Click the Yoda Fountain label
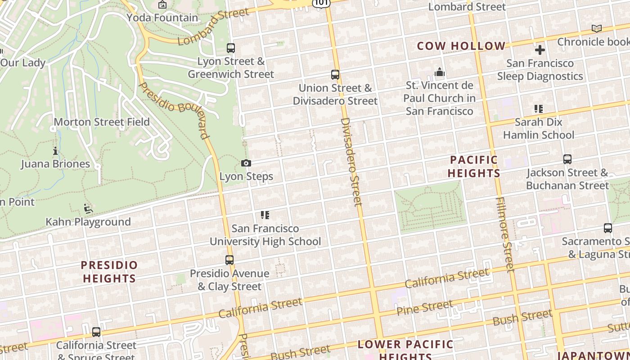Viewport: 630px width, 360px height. [162, 18]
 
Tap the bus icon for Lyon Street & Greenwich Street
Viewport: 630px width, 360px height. [231, 48]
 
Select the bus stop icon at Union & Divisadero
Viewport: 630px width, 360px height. [335, 75]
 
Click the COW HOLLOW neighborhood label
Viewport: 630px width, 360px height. [461, 46]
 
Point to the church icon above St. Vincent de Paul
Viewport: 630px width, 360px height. [440, 72]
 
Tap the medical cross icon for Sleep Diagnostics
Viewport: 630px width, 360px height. [540, 50]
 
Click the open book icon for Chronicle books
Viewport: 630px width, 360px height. [597, 29]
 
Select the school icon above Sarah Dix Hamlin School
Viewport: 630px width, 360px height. [539, 108]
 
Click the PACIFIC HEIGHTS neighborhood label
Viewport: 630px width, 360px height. [474, 166]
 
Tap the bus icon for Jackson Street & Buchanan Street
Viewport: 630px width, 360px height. [567, 159]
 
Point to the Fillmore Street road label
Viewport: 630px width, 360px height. [504, 234]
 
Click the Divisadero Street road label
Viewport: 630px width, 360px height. [351, 162]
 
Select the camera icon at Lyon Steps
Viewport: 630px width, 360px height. [246, 163]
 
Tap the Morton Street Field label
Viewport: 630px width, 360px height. [102, 122]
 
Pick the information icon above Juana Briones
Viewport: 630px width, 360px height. [55, 151]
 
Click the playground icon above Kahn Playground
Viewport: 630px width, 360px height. [88, 209]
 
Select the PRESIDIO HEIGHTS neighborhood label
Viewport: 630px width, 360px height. [109, 272]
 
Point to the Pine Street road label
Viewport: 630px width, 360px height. [424, 308]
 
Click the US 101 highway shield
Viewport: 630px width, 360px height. [321, 3]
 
